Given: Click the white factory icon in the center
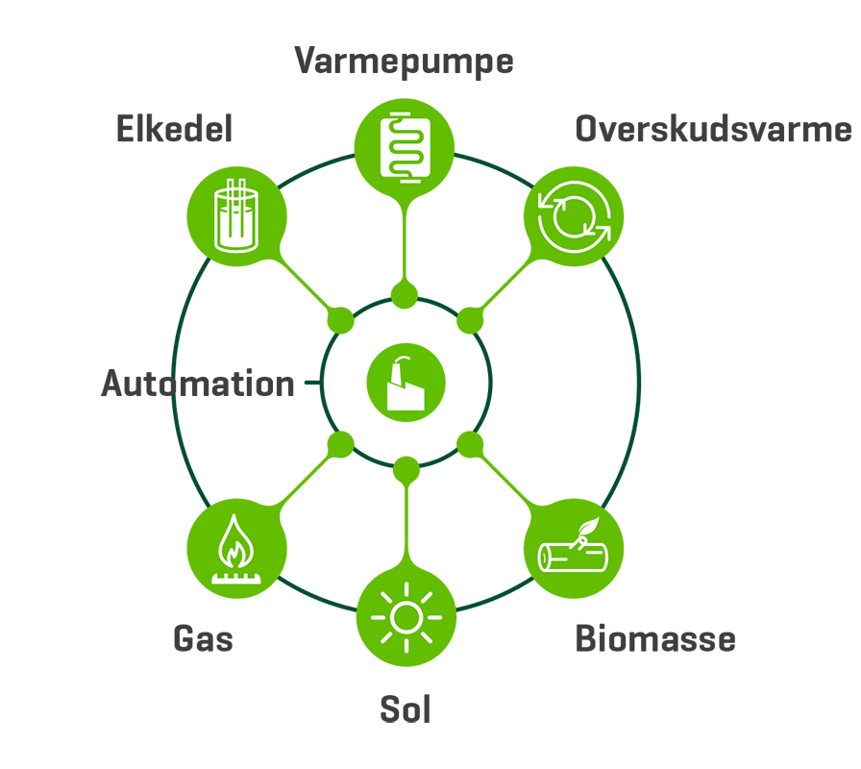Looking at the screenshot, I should coord(406,384).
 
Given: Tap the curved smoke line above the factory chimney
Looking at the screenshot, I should coord(402,360).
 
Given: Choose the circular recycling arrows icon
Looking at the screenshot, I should coord(574,218).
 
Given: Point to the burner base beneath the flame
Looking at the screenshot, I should coord(235,578).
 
